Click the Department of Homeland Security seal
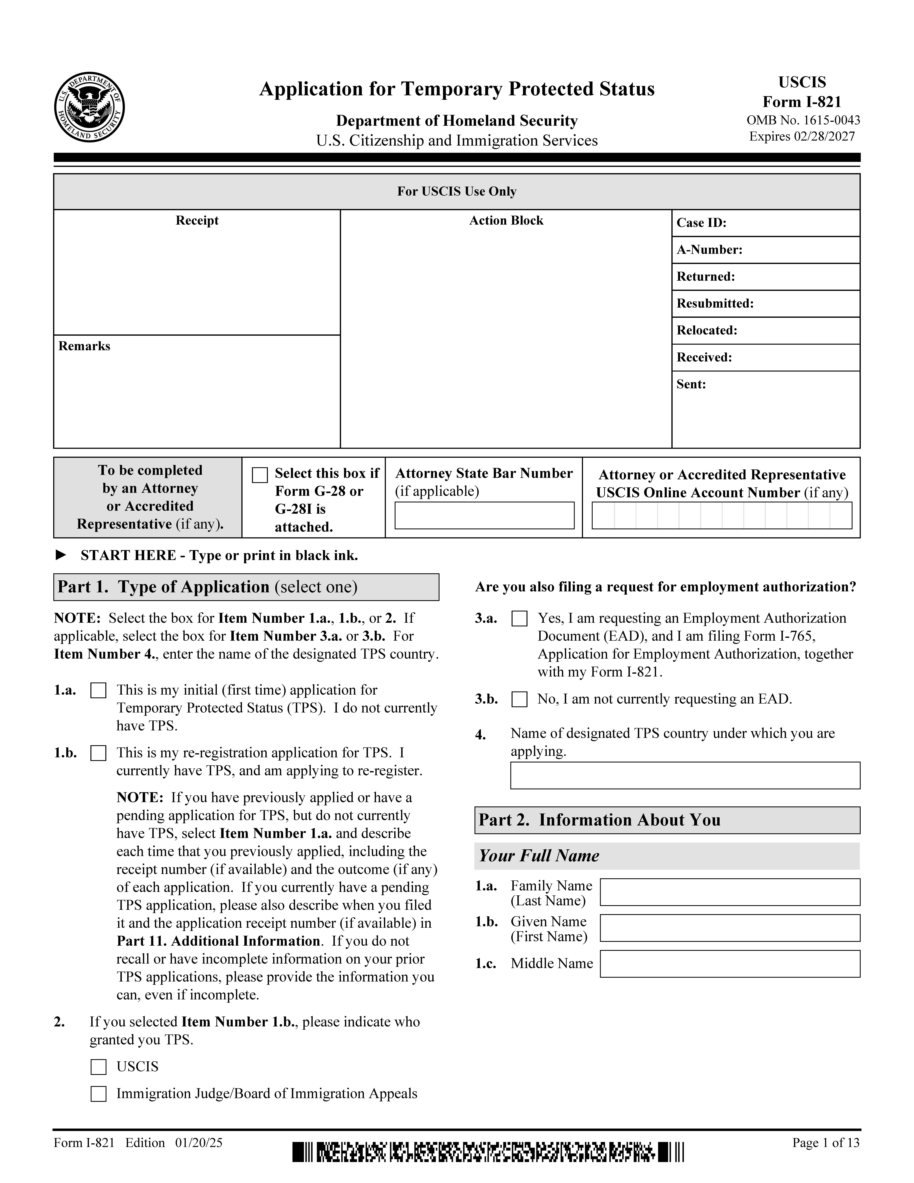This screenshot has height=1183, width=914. tap(89, 107)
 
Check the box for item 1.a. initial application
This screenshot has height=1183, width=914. tap(98, 691)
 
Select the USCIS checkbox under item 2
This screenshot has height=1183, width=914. tap(98, 1067)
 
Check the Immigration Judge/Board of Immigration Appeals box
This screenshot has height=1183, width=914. tap(98, 1094)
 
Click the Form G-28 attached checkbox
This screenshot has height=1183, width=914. tap(260, 475)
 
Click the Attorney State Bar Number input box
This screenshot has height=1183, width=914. tap(484, 516)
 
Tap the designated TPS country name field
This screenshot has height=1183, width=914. tap(685, 776)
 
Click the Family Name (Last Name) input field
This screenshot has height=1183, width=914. tap(730, 892)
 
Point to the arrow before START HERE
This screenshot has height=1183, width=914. tap(61, 555)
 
